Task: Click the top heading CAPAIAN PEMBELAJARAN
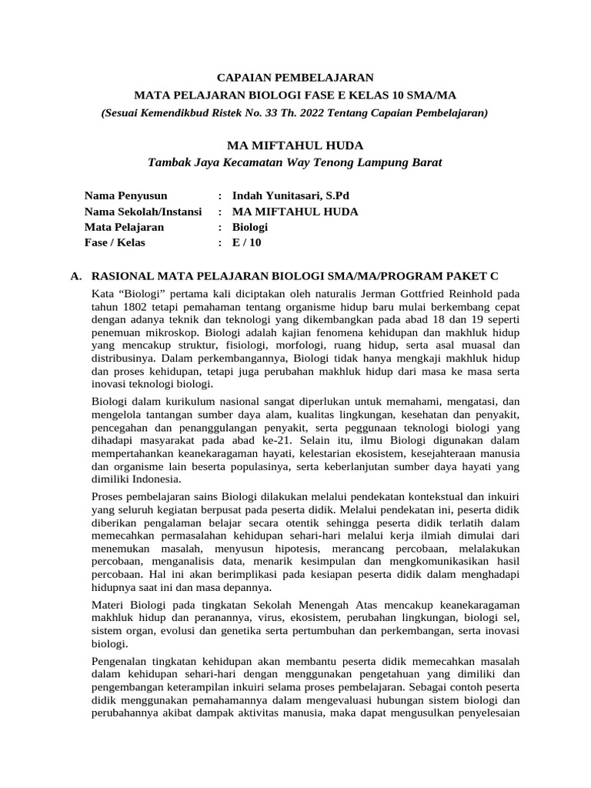tap(295, 77)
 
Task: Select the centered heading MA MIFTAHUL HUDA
tap(295, 145)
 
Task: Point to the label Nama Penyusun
tap(125, 196)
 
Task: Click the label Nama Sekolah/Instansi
tap(142, 212)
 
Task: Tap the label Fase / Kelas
tap(115, 242)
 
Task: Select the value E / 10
tap(247, 242)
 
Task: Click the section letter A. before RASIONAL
tap(75, 275)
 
